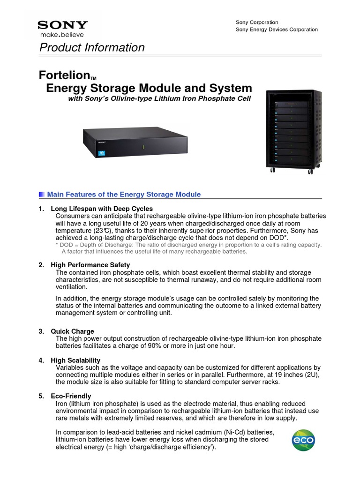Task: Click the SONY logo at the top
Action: tap(62, 25)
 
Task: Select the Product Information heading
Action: tap(92, 47)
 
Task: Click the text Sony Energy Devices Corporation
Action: tap(276, 30)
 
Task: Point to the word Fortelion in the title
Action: tap(63, 75)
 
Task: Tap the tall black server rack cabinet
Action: tap(290, 132)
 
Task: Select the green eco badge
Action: tap(303, 440)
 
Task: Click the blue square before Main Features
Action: tap(42, 195)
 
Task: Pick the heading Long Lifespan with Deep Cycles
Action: tap(101, 209)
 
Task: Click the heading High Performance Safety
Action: tap(90, 265)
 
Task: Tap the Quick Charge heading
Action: tap(72, 331)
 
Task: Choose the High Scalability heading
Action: tap(75, 360)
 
